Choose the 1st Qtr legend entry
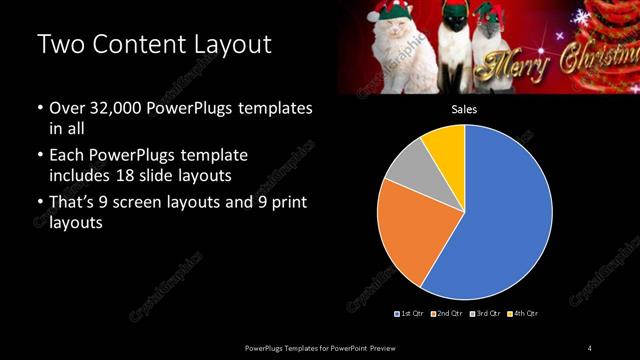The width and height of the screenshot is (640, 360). coord(412,314)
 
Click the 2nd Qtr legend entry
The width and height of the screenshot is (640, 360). coord(449,314)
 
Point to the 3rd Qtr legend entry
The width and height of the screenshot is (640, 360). coord(486,314)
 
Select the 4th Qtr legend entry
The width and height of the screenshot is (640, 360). coord(523,314)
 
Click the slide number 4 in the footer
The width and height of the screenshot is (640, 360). coord(590,347)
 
